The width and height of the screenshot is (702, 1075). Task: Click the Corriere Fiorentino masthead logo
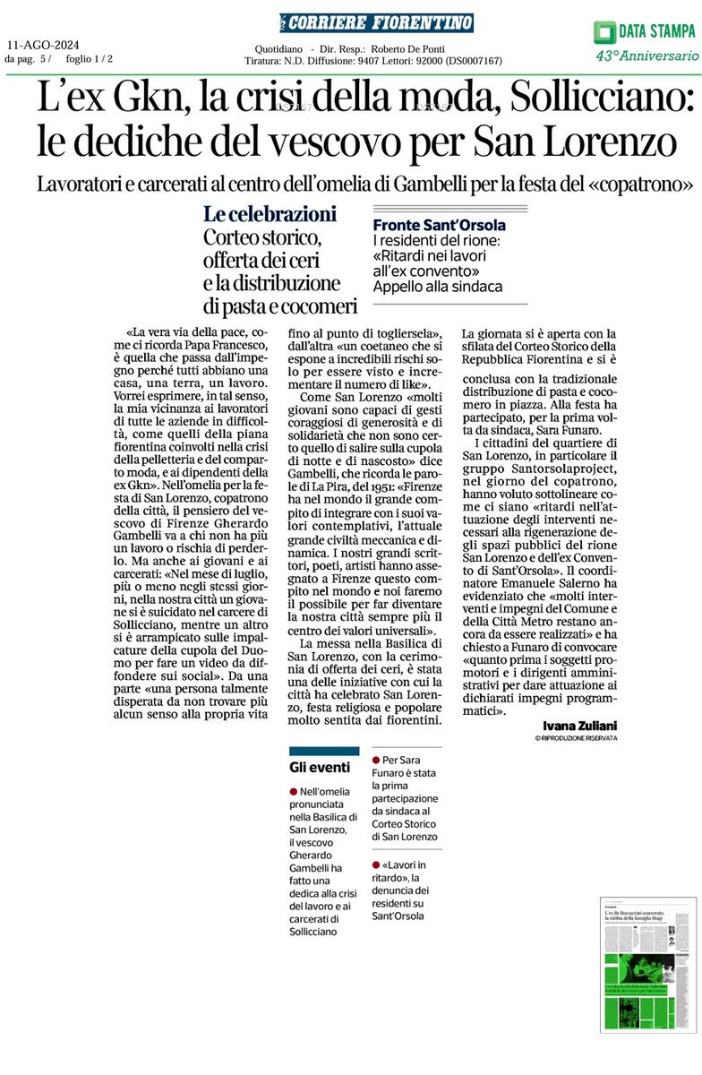point(376,22)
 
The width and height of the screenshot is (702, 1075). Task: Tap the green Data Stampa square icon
point(605,33)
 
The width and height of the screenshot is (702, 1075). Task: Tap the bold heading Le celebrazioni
point(270,215)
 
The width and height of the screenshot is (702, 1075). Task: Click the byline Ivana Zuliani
point(580,724)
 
